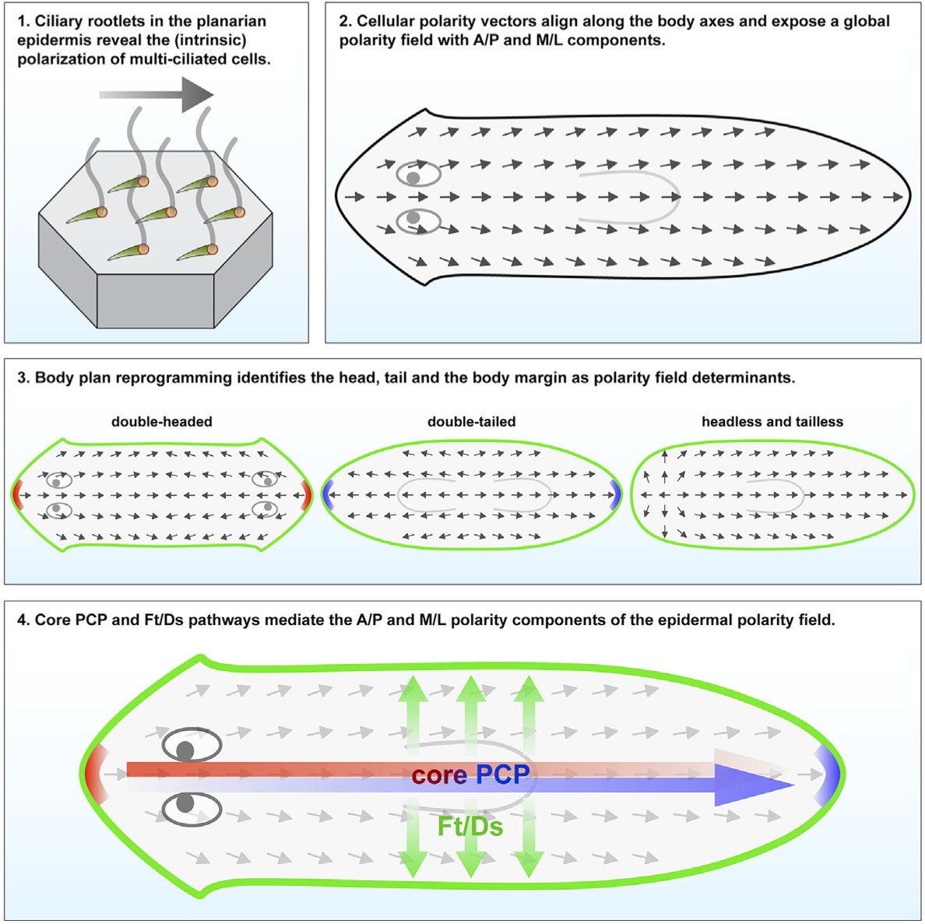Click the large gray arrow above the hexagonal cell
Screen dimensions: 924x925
tap(156, 95)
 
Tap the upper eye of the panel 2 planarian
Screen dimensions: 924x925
tap(416, 175)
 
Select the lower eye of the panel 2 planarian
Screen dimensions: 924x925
tap(416, 220)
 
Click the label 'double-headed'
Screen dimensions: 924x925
tap(162, 422)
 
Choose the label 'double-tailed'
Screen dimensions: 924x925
tap(471, 422)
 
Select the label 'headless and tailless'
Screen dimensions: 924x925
tap(772, 422)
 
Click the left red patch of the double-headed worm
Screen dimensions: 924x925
tap(17, 494)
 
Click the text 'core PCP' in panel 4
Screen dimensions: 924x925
tap(471, 775)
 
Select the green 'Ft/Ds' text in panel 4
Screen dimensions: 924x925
tap(470, 826)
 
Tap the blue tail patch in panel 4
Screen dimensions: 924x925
tap(830, 773)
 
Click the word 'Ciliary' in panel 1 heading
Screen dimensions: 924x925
tap(63, 22)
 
